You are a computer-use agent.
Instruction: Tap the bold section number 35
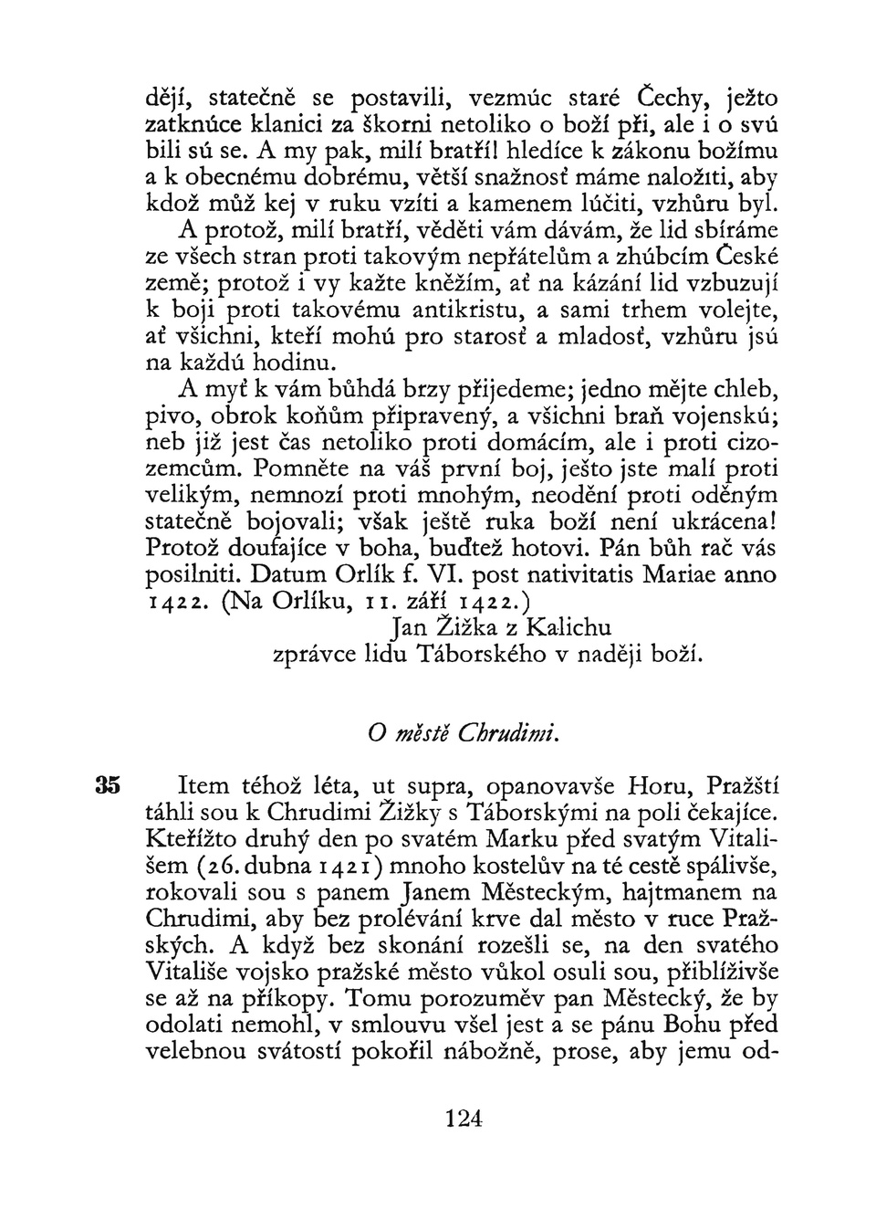click(108, 785)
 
